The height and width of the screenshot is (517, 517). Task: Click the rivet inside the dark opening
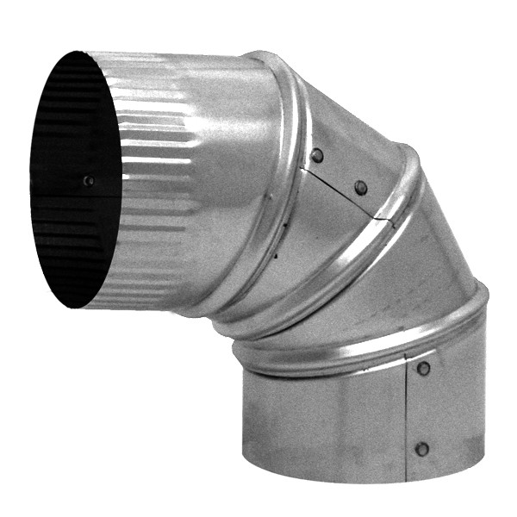[x=88, y=181]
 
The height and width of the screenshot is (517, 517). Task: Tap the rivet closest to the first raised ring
[x=317, y=155]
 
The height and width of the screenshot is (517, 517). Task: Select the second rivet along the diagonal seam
[x=360, y=187]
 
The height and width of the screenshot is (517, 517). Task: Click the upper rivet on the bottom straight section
[x=423, y=369]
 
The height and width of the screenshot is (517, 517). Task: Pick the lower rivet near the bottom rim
[x=421, y=449]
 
